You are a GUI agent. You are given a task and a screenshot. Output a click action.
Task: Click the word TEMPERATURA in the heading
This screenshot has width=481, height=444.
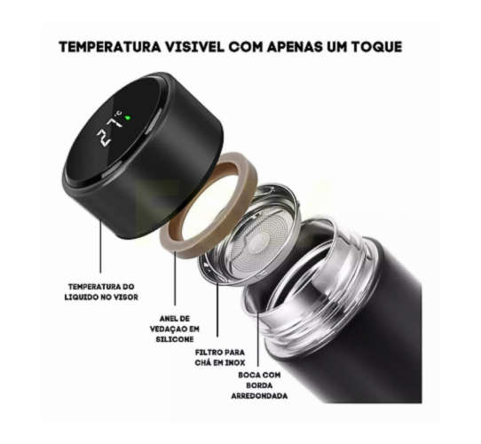[110, 47]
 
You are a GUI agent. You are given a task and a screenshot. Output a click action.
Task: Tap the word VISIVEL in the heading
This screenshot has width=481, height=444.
[195, 47]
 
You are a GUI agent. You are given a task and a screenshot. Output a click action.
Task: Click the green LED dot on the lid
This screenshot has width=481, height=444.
[128, 117]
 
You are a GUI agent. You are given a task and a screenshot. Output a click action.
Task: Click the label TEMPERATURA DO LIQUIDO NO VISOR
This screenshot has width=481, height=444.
[101, 292]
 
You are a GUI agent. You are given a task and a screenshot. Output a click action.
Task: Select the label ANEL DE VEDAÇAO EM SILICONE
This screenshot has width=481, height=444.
[175, 329]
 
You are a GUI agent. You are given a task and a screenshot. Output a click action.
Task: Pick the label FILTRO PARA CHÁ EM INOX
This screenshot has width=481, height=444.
[220, 357]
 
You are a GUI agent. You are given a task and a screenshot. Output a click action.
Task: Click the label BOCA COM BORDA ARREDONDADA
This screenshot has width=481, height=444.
[259, 385]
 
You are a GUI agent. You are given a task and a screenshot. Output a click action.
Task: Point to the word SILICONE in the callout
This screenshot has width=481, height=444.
[175, 339]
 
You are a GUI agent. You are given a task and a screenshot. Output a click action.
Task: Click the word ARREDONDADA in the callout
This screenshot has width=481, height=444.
[259, 396]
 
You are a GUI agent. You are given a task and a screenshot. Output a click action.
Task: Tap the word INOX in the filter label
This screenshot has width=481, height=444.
[235, 362]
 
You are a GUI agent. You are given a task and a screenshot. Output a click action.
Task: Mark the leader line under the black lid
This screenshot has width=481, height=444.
[100, 246]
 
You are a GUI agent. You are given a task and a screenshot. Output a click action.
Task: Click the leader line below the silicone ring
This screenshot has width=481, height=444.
[175, 278]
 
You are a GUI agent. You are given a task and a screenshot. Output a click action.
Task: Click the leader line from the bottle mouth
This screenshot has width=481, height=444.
[258, 339]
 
